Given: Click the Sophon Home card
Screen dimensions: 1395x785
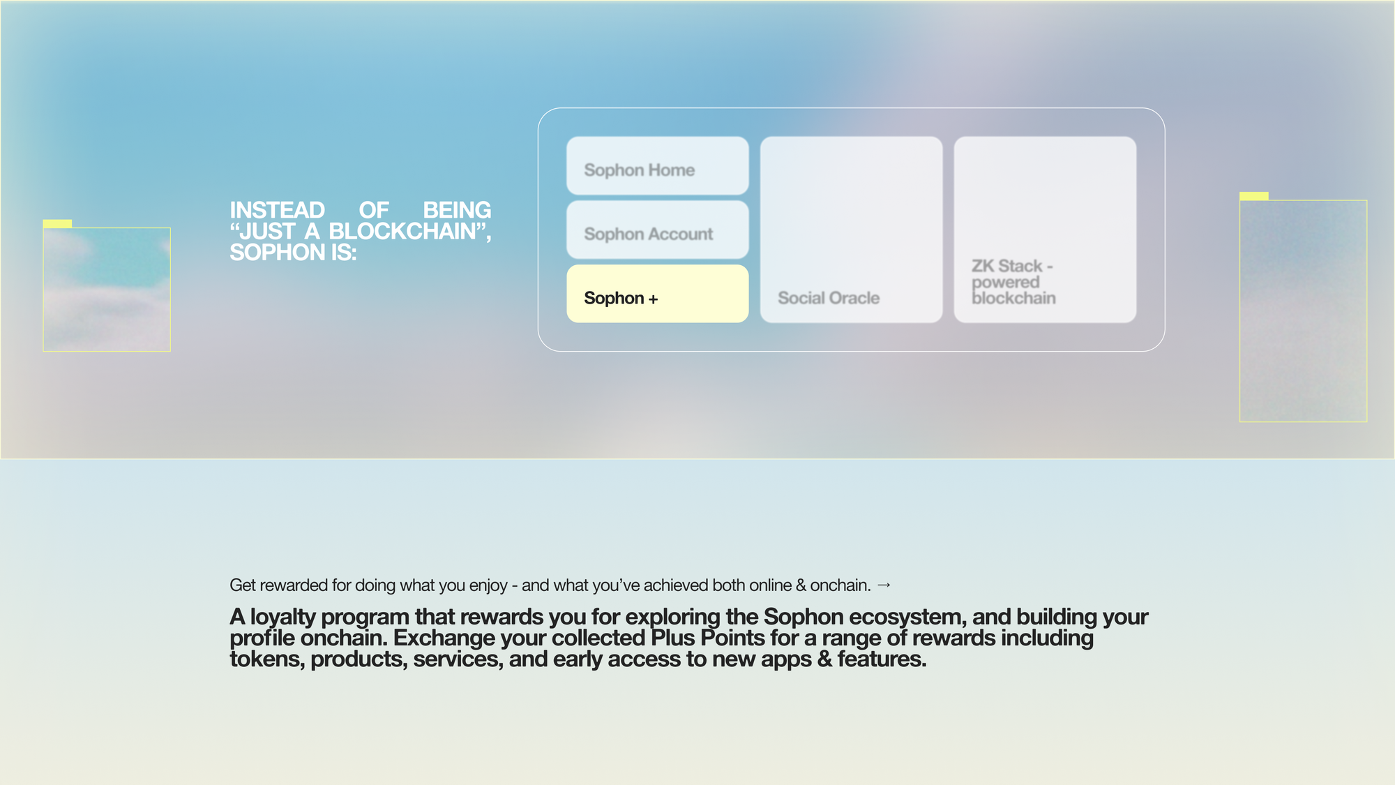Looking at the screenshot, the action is [657, 165].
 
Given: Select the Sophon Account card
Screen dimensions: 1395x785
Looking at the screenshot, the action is [657, 230].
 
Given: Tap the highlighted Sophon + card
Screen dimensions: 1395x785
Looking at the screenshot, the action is [657, 294].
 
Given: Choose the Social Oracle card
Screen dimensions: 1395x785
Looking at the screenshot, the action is [851, 230].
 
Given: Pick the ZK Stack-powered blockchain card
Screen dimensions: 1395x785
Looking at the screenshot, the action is [1045, 230].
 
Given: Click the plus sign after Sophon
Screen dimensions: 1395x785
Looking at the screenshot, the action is [653, 299].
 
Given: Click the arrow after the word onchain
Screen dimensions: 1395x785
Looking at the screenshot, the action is [884, 585].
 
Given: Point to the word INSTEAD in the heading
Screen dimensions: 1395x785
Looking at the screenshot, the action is [278, 210].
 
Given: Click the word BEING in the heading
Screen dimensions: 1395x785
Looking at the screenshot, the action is [457, 210].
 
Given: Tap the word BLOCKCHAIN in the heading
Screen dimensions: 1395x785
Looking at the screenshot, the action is [402, 231].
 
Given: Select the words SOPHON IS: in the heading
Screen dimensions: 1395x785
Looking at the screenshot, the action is [293, 252].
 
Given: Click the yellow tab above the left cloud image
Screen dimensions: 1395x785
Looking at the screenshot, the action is [57, 223].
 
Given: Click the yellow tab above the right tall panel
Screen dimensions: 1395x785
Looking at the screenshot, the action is [1253, 196].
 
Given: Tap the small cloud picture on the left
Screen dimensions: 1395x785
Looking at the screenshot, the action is [107, 290].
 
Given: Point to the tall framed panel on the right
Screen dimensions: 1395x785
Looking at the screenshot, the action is [1303, 311].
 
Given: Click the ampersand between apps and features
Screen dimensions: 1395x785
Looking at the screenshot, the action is [824, 659].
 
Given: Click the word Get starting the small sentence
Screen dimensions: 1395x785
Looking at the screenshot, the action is [243, 585].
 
